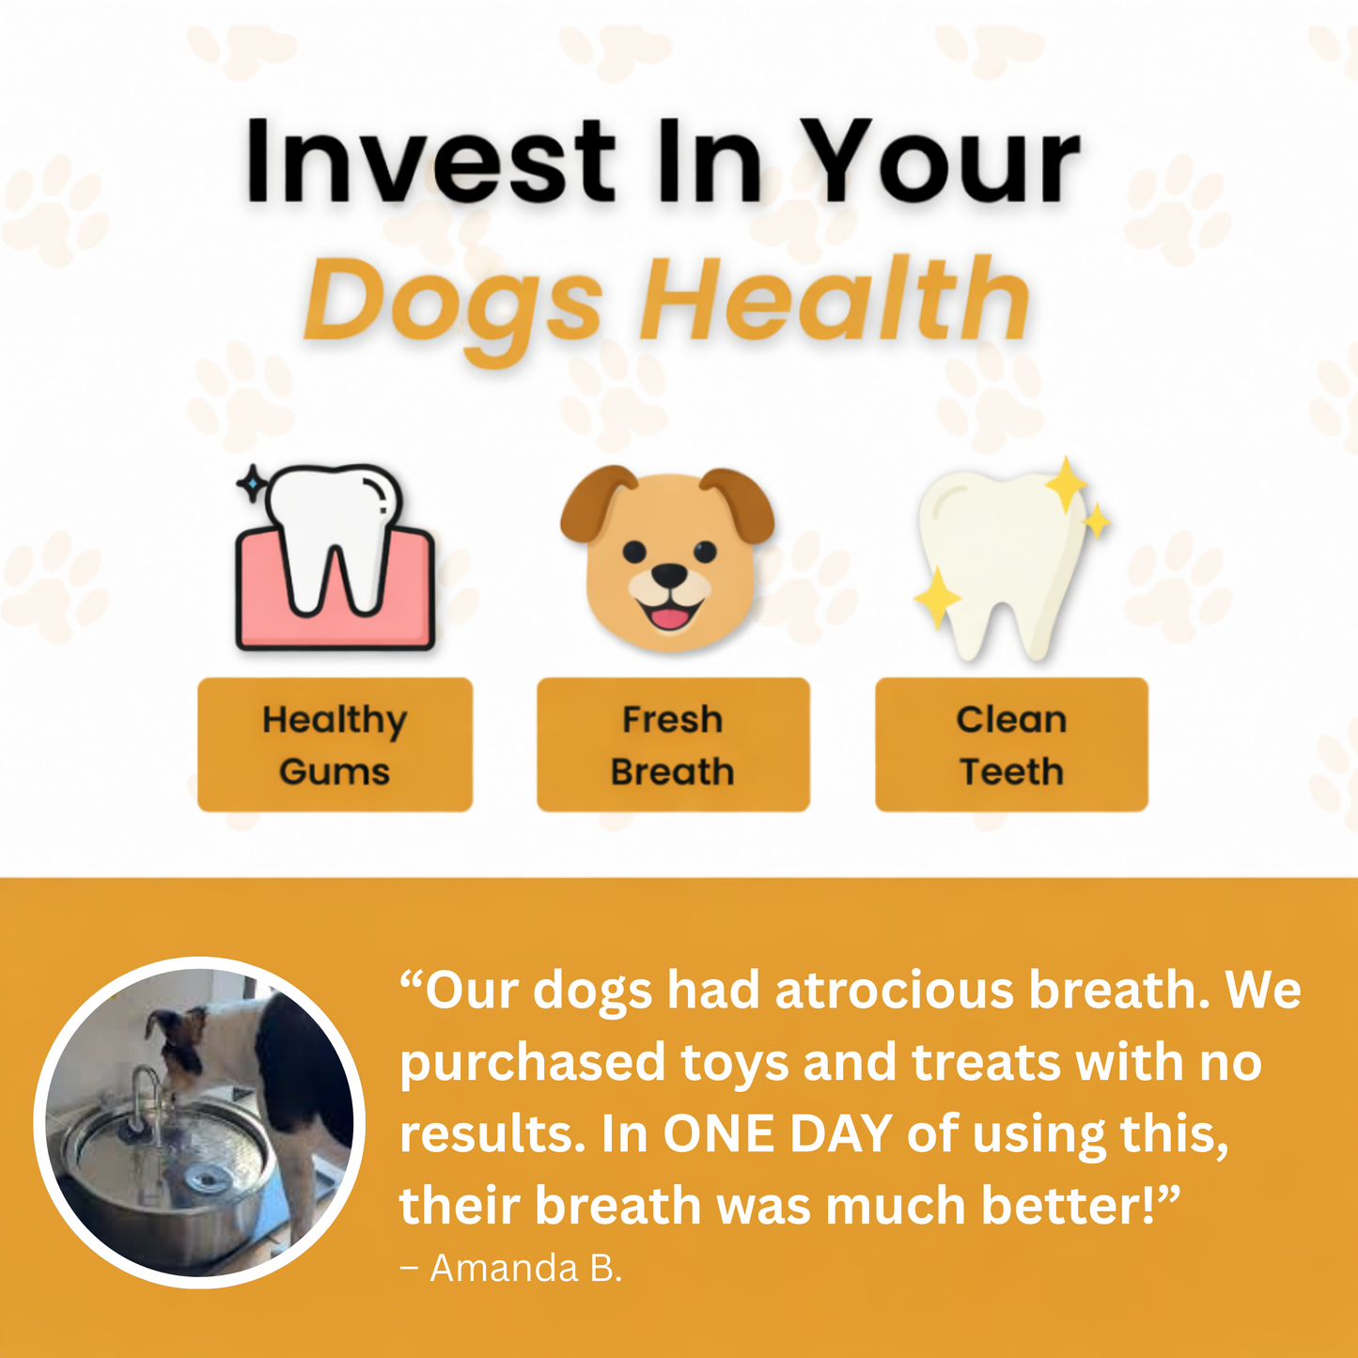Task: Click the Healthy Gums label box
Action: [x=335, y=744]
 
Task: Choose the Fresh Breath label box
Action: [x=673, y=744]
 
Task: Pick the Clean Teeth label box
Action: [x=1011, y=744]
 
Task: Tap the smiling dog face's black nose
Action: [x=668, y=574]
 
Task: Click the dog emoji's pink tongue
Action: [x=668, y=617]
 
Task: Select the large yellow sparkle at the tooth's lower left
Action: [x=937, y=598]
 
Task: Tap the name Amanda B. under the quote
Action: [x=525, y=1269]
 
